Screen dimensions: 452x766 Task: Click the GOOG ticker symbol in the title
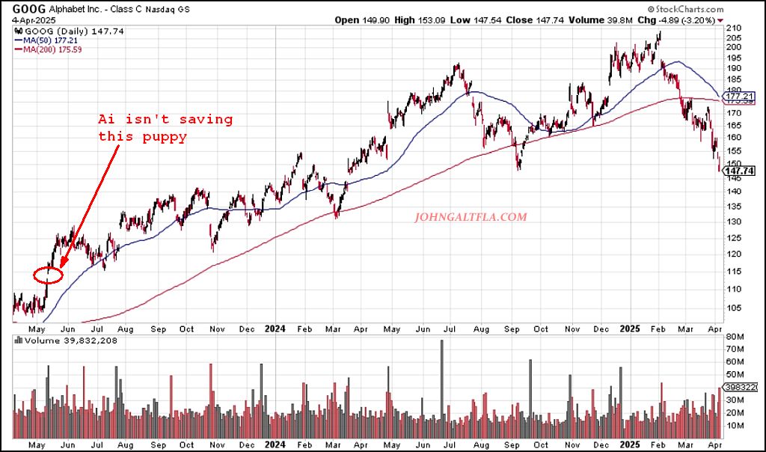(26, 8)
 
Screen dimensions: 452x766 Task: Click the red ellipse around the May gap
(49, 275)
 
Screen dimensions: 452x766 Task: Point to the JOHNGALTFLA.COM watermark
(470, 218)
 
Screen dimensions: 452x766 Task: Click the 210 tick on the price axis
(733, 28)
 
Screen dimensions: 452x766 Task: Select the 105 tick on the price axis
(733, 308)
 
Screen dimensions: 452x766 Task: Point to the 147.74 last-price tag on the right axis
(738, 171)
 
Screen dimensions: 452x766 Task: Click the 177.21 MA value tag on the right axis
(738, 97)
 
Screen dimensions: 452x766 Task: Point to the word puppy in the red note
(164, 137)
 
